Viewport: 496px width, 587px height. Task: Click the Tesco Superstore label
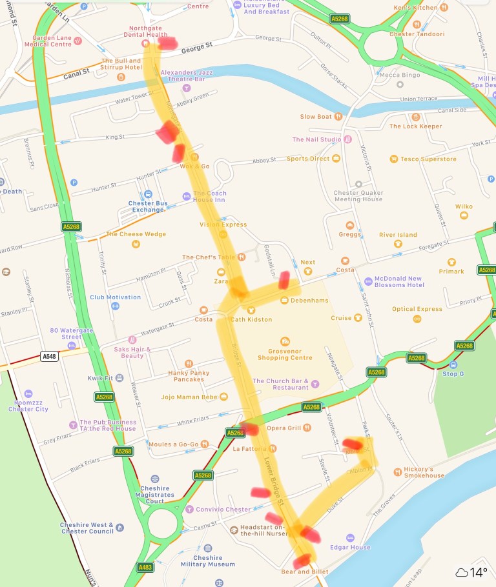tap(429, 159)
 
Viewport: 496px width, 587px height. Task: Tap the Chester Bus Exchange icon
tap(149, 194)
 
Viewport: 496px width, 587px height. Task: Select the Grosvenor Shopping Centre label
tap(285, 353)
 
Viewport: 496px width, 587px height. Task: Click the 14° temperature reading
tap(478, 572)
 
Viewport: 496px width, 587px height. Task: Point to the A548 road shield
tap(49, 356)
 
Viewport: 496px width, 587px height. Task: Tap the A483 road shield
tap(146, 568)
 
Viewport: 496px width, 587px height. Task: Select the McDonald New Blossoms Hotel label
tap(398, 281)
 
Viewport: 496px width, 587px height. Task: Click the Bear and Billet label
tap(305, 572)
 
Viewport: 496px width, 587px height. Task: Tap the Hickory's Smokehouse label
tap(424, 472)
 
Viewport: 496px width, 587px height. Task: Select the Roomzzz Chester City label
tap(28, 405)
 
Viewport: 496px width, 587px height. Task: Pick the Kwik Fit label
tap(100, 378)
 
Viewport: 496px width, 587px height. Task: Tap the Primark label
tap(451, 272)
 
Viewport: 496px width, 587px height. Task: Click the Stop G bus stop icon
tap(453, 364)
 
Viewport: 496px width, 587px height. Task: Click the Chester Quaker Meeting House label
tap(358, 195)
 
